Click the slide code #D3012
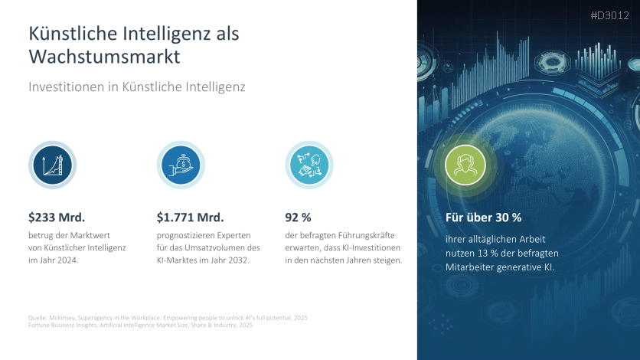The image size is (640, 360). [x=611, y=15]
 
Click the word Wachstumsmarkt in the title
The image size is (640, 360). [x=105, y=57]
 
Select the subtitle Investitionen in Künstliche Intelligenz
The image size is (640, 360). [x=136, y=87]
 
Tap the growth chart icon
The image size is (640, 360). [x=52, y=164]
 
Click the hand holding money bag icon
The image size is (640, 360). [x=181, y=164]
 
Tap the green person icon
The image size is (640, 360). [x=465, y=164]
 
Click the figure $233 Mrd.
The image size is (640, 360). [x=57, y=218]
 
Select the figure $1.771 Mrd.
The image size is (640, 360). [x=190, y=218]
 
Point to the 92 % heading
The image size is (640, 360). [x=298, y=218]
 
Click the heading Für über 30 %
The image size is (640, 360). [x=483, y=218]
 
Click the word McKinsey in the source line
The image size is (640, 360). [x=62, y=317]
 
